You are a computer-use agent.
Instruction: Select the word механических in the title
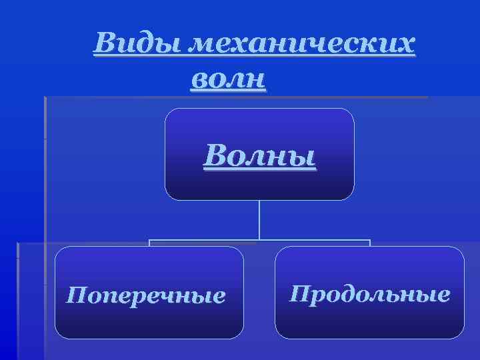click(x=302, y=44)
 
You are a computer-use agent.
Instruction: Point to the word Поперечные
click(x=145, y=294)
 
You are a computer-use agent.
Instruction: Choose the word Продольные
click(x=369, y=293)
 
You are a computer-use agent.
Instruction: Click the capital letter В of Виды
click(x=104, y=44)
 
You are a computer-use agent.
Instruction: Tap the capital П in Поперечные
click(x=75, y=294)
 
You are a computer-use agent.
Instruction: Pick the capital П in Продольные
click(x=298, y=293)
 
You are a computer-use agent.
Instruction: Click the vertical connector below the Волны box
click(x=259, y=220)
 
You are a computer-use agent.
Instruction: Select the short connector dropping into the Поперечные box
click(x=149, y=243)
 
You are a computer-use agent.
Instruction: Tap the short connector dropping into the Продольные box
click(x=369, y=243)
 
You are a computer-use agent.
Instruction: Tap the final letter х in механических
click(x=406, y=45)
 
